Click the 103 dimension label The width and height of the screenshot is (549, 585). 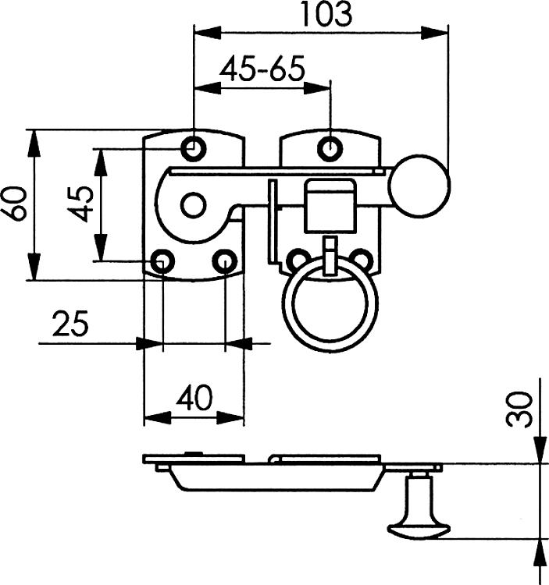tap(326, 14)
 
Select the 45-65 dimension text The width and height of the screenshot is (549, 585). tap(262, 69)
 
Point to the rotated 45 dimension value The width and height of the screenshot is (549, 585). tap(81, 204)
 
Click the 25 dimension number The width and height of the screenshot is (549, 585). tap(70, 324)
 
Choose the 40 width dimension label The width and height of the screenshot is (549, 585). tap(194, 399)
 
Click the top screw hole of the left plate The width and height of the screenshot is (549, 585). tap(193, 147)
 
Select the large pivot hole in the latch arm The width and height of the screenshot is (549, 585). tap(192, 206)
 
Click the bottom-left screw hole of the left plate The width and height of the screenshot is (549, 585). tap(162, 261)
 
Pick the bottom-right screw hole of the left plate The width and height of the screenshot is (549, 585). tap(225, 261)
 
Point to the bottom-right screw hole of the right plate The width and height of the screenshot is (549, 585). tap(360, 260)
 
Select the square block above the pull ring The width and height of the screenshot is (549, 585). tap(330, 206)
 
